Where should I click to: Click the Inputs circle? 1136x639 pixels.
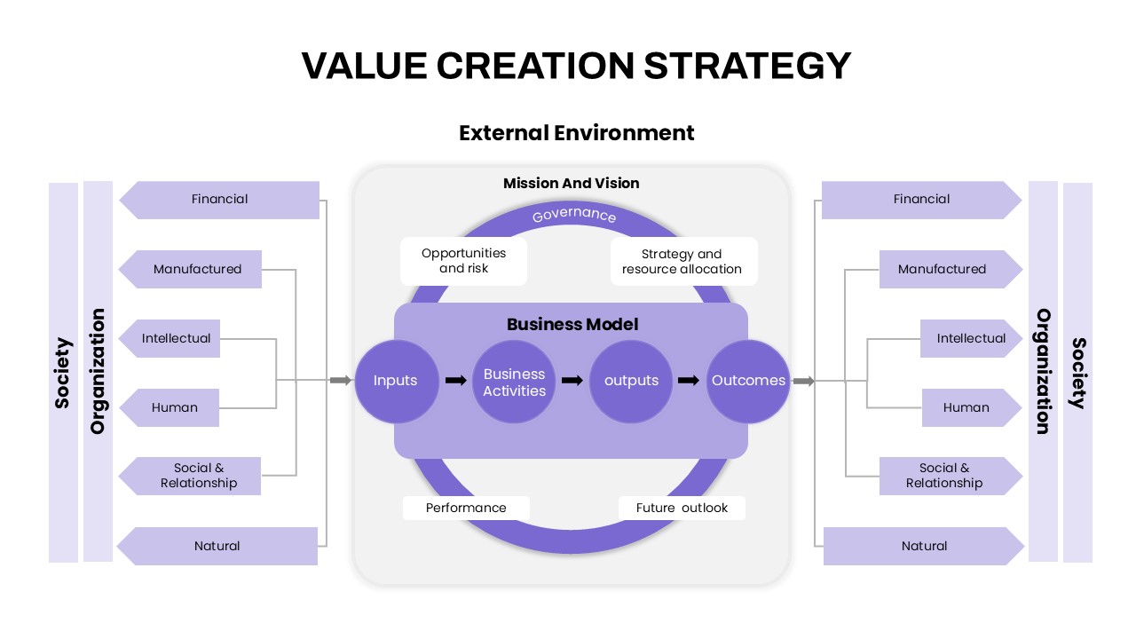point(397,381)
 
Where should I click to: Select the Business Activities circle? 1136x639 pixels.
point(514,381)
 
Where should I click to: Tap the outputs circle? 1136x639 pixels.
point(631,381)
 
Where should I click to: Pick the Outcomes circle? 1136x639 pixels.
point(748,381)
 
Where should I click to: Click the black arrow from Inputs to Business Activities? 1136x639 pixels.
point(455,381)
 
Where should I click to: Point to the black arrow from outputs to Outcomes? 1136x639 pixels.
point(688,381)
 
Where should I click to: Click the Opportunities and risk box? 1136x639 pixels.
point(463,261)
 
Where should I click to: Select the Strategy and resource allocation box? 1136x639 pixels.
point(683,261)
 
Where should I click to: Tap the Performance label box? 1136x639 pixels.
point(466,508)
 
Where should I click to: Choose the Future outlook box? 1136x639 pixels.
point(682,508)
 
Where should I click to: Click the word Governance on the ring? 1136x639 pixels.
point(573,215)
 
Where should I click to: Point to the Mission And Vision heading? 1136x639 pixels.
point(571,183)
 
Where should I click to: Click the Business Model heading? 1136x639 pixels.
point(572,324)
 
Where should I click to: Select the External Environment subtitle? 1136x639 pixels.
point(576,133)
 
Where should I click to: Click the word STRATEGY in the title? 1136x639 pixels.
point(747,66)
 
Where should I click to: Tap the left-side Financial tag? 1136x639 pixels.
point(219,200)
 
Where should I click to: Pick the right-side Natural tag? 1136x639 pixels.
point(924,546)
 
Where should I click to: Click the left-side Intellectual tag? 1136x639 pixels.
point(170,338)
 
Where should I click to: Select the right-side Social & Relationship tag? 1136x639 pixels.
point(951,476)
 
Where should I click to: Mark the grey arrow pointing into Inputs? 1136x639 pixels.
point(340,380)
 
